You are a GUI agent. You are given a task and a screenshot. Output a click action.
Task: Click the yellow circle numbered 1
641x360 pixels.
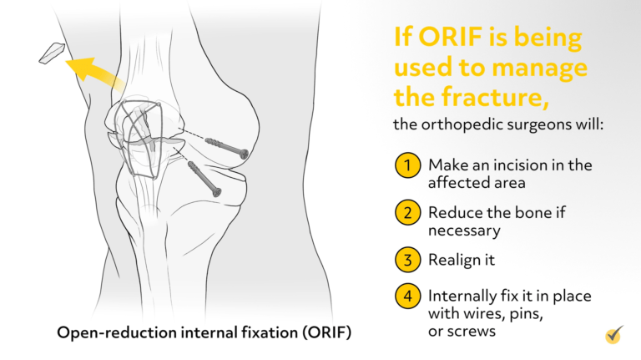click(406, 165)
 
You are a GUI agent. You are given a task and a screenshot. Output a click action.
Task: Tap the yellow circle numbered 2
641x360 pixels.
click(406, 213)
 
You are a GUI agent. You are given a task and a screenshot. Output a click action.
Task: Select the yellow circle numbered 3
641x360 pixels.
click(406, 260)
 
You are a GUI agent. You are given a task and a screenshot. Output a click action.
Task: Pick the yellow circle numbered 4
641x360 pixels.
click(406, 297)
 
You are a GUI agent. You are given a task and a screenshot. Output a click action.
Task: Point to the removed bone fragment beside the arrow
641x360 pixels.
click(52, 53)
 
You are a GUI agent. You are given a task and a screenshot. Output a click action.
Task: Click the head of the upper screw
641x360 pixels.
click(243, 154)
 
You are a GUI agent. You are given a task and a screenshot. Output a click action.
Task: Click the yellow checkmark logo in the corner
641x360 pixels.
click(615, 335)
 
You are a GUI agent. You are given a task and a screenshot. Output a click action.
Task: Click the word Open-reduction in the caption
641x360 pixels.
click(109, 332)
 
